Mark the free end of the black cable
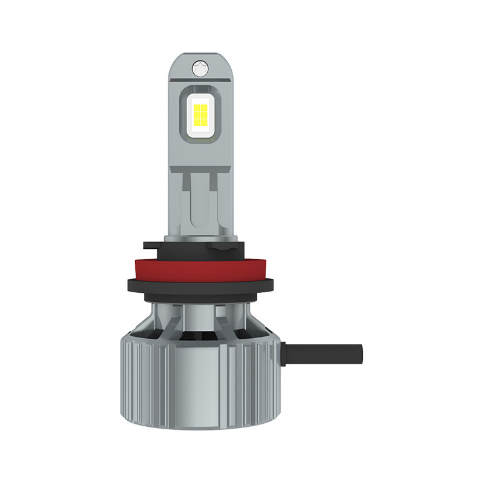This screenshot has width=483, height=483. [x=360, y=351]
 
